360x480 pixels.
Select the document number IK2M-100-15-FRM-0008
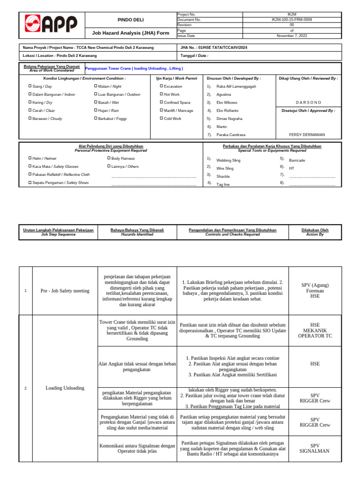click(x=292, y=20)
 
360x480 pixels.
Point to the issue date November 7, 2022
click(x=292, y=35)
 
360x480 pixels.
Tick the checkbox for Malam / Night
click(x=96, y=87)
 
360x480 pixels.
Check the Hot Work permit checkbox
click(x=161, y=95)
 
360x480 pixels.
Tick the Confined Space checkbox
click(x=161, y=102)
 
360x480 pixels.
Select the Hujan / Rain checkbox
click(x=96, y=111)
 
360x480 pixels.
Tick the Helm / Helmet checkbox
click(x=30, y=158)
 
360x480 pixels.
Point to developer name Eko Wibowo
click(x=227, y=102)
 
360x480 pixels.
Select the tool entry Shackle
click(x=223, y=176)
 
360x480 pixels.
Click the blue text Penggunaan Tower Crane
click(x=127, y=68)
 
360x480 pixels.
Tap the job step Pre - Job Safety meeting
click(x=65, y=291)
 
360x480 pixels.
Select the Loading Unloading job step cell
click(x=65, y=388)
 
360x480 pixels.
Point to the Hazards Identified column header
click(x=137, y=232)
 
